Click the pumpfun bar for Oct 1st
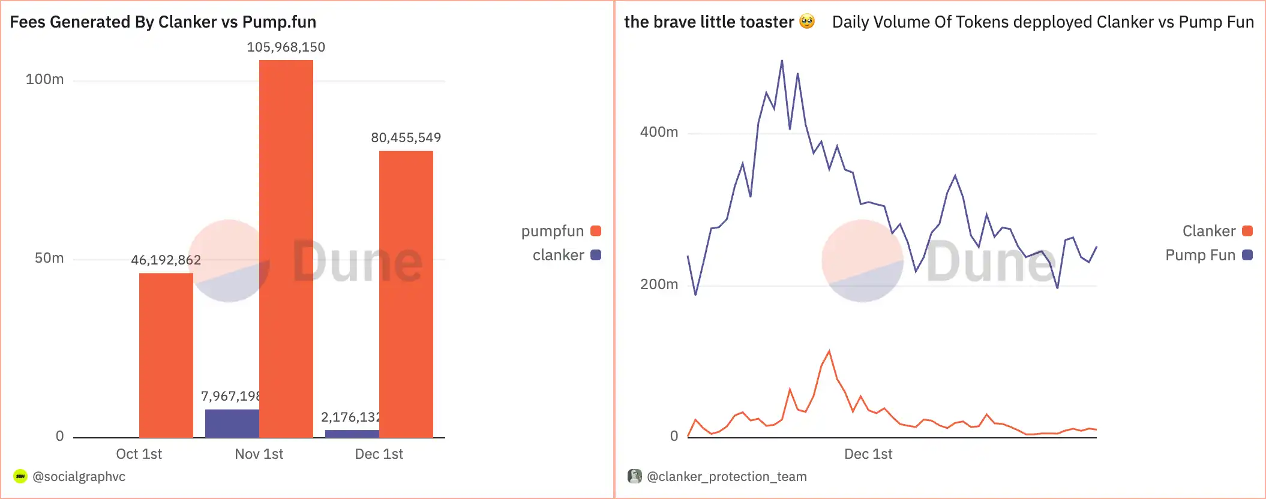pos(166,355)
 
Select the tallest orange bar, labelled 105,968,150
pos(286,248)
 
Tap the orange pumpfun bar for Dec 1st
pos(406,294)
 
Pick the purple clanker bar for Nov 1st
pos(232,423)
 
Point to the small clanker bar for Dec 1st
pos(352,434)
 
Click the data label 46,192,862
pos(166,260)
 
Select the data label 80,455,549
pos(406,138)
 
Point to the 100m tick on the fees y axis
pos(45,79)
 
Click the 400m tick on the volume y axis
pos(659,132)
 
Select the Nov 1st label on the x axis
pos(259,454)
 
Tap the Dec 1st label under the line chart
pos(868,454)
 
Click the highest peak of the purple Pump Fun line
pos(782,61)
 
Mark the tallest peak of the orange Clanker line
pos(829,351)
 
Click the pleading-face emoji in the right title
pos(808,22)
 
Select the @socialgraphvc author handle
pos(79,477)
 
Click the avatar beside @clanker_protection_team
pos(634,476)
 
